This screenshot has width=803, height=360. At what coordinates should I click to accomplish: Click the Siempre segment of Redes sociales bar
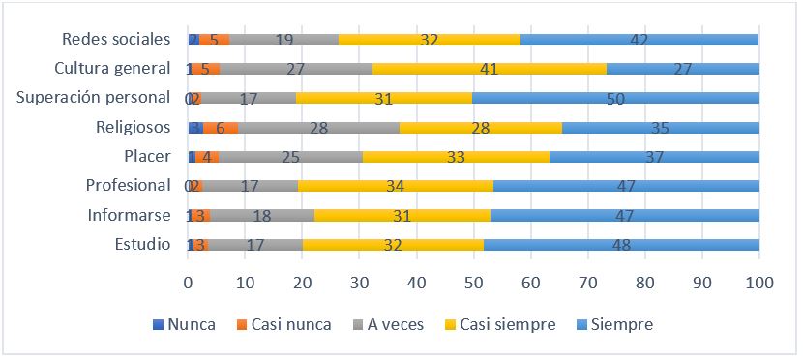(639, 40)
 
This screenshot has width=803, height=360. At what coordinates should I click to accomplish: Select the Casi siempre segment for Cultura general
(489, 69)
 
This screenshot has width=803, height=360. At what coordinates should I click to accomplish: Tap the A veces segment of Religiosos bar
(318, 127)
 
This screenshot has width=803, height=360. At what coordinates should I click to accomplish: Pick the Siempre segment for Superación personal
(615, 98)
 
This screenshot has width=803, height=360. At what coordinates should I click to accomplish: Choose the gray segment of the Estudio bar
(255, 245)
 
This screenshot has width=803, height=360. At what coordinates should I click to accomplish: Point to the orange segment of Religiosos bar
(221, 127)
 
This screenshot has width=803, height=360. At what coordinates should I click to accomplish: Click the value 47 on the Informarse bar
(624, 215)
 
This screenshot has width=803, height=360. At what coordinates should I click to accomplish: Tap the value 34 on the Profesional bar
(395, 186)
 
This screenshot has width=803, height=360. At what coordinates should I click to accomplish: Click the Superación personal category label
(95, 98)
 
